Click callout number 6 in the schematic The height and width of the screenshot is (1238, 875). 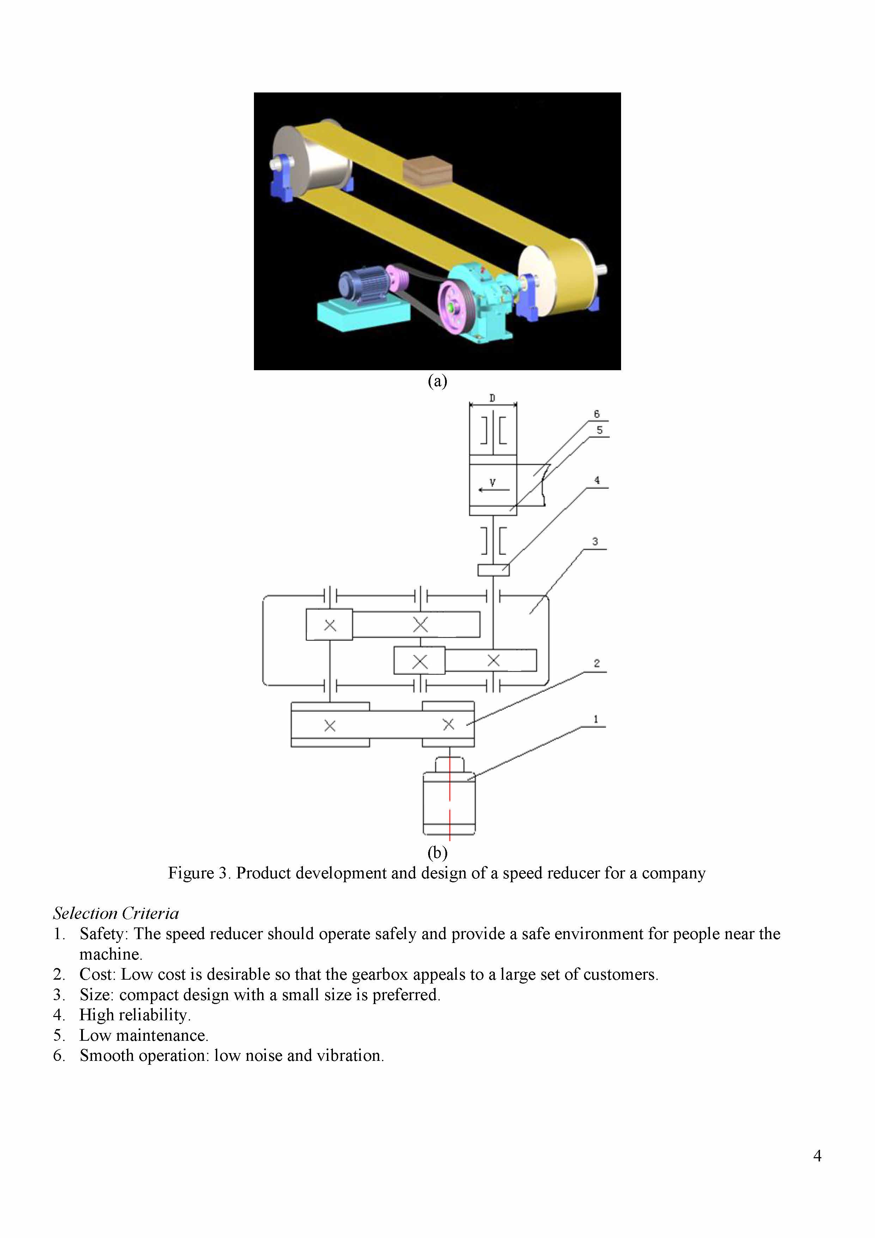pos(596,414)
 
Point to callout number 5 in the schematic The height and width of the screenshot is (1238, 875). pos(599,430)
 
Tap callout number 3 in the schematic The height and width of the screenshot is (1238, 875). pos(595,541)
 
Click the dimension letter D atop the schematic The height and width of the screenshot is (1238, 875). pos(492,398)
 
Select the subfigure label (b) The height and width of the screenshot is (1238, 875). pos(437,853)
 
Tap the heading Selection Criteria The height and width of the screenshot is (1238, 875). pos(116,913)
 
